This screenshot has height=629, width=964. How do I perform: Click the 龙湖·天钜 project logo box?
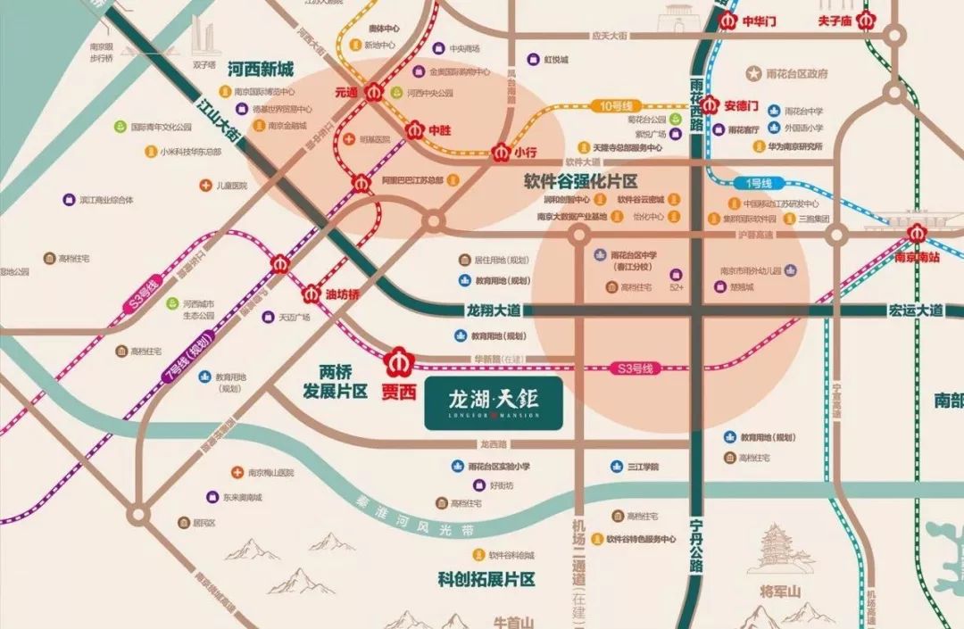click(494, 402)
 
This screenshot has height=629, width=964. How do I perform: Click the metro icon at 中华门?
click(727, 19)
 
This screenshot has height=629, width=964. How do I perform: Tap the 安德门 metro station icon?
click(711, 103)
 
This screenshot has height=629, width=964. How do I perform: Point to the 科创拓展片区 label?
click(486, 579)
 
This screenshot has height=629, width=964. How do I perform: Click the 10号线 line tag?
click(616, 105)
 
